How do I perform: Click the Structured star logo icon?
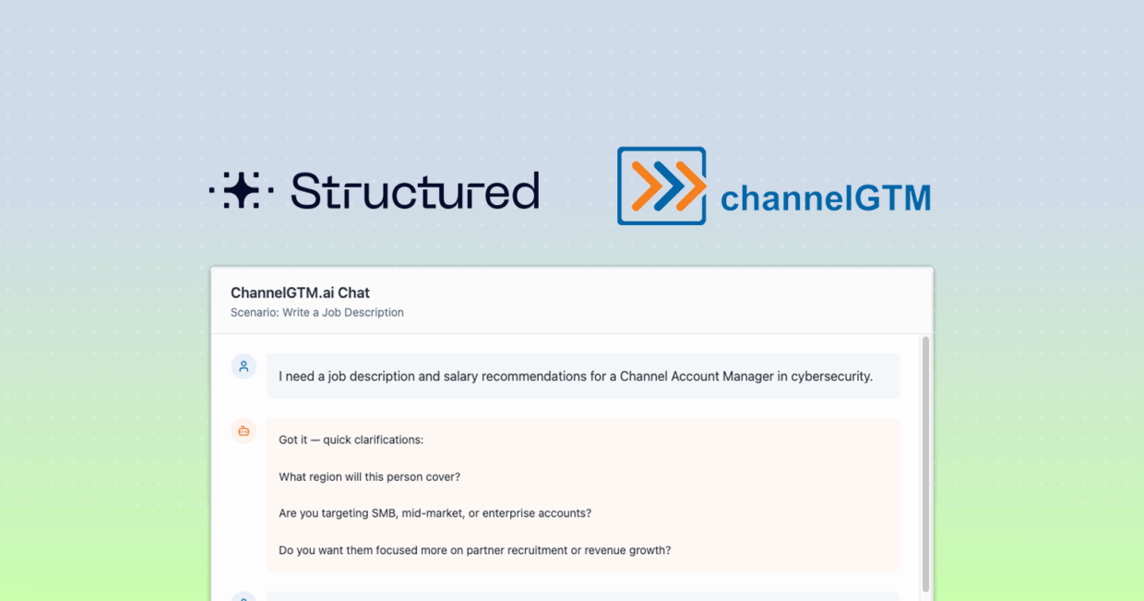(241, 190)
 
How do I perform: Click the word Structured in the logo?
(415, 190)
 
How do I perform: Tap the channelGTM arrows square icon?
(661, 186)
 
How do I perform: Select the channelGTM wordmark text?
(826, 198)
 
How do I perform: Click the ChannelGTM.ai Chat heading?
(300, 293)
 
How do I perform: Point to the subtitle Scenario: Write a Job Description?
(316, 312)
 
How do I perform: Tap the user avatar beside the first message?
(244, 367)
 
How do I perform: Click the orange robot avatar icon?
(244, 431)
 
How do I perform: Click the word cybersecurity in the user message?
(831, 377)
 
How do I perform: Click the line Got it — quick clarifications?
(351, 440)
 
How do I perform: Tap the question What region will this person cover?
(369, 476)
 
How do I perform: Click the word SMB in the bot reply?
(384, 513)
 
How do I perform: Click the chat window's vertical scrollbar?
(925, 463)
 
